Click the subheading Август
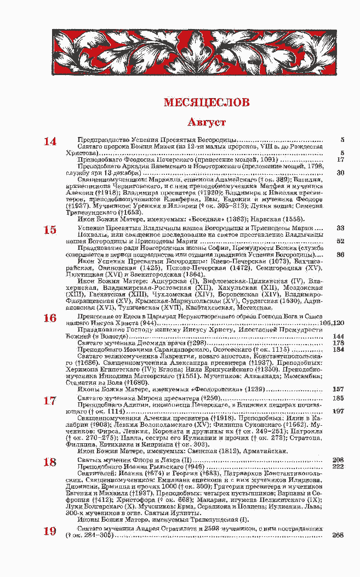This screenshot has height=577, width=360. tap(207, 122)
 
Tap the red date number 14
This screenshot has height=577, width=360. tap(50, 141)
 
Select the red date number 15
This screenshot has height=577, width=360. tap(50, 230)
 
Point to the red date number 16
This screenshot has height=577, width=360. tap(50, 318)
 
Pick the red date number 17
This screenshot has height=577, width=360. tap(50, 401)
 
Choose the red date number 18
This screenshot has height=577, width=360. tap(50, 462)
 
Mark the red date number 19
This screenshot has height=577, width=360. tap(50, 531)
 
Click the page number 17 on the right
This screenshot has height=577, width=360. tap(340, 159)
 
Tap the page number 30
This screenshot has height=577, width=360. tap(340, 173)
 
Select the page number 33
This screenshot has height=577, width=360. tap(340, 227)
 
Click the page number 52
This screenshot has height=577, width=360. tap(340, 241)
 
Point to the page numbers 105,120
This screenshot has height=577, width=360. tap(335, 323)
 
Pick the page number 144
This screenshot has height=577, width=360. tap(338, 336)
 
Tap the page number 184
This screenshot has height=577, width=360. tap(338, 349)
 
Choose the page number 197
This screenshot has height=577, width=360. tap(338, 410)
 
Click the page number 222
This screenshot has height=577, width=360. tap(338, 466)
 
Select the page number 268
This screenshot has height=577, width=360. tap(338, 535)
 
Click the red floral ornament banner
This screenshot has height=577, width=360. tap(194, 53)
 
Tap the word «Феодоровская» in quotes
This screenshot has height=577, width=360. tap(211, 389)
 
